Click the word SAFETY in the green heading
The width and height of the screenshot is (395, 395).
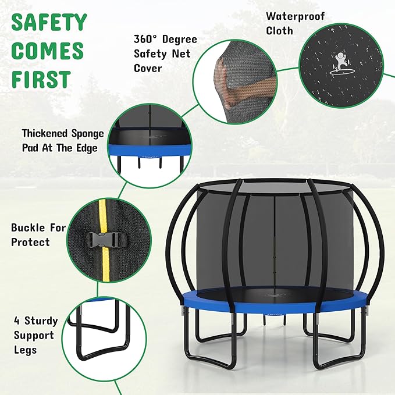pyautogui.click(x=49, y=23)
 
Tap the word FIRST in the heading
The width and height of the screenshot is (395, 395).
pyautogui.click(x=41, y=79)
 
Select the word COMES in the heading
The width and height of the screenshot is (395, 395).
pyautogui.click(x=48, y=51)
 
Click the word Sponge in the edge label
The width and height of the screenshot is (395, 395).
pyautogui.click(x=88, y=134)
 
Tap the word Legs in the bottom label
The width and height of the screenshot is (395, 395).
pyautogui.click(x=26, y=350)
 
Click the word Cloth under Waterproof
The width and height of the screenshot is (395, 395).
pyautogui.click(x=280, y=31)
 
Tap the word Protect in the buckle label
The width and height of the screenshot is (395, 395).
pyautogui.click(x=31, y=241)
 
